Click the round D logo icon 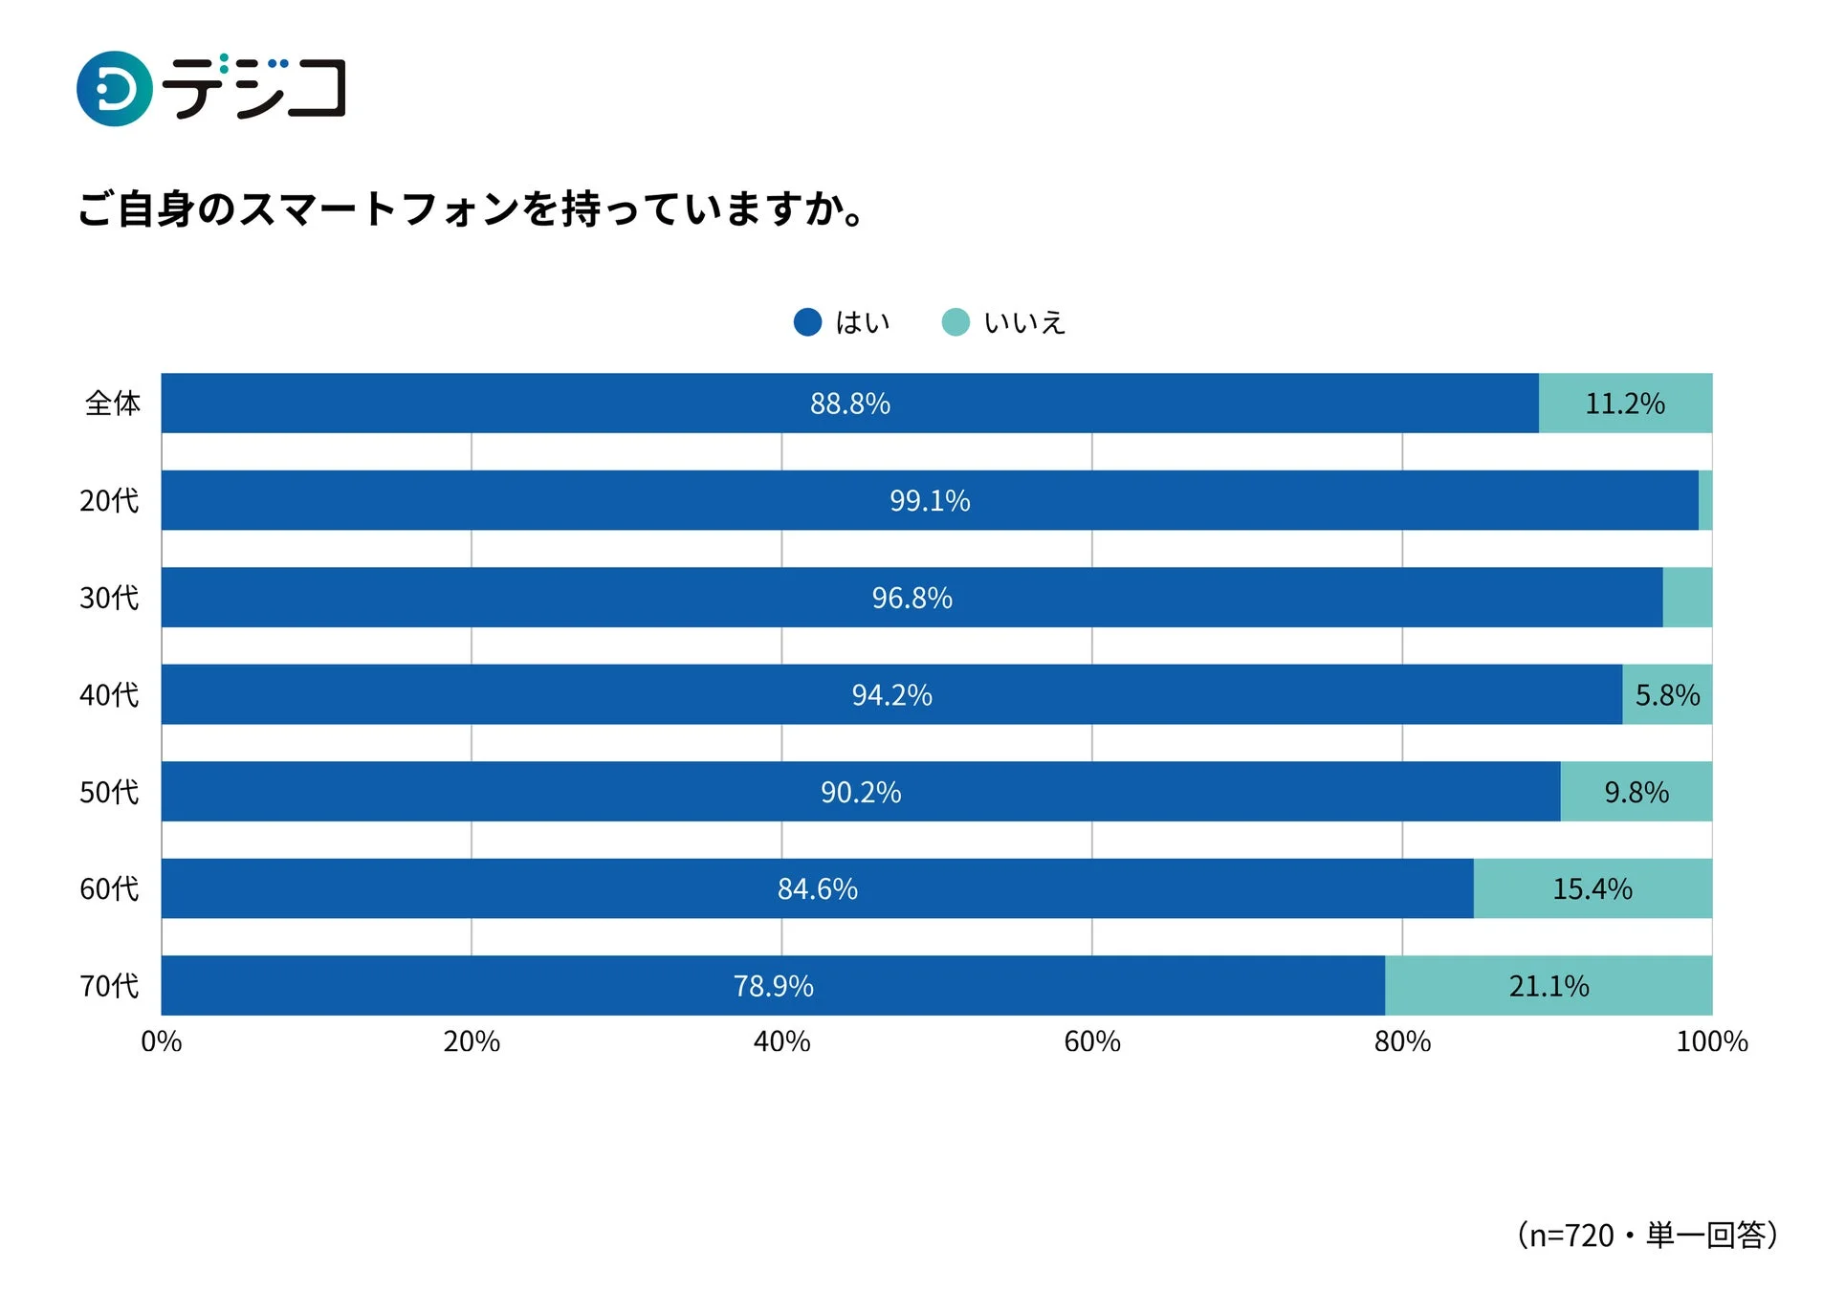pyautogui.click(x=114, y=89)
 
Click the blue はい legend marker pyautogui.click(x=807, y=322)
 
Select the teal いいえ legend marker pyautogui.click(x=955, y=322)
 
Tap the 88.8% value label pyautogui.click(x=849, y=404)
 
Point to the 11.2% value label pyautogui.click(x=1624, y=404)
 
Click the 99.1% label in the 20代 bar pyautogui.click(x=929, y=500)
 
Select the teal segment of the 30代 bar pyautogui.click(x=1686, y=598)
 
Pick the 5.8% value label pyautogui.click(x=1666, y=695)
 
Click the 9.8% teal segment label pyautogui.click(x=1636, y=792)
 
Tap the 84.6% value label pyautogui.click(x=817, y=889)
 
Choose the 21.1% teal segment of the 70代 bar pyautogui.click(x=1548, y=986)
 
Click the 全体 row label pyautogui.click(x=112, y=404)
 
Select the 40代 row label pyautogui.click(x=109, y=695)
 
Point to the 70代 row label pyautogui.click(x=109, y=986)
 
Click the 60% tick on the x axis pyautogui.click(x=1091, y=1041)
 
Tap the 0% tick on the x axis pyautogui.click(x=161, y=1041)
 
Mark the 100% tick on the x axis pyautogui.click(x=1710, y=1041)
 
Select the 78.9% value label pyautogui.click(x=773, y=986)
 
